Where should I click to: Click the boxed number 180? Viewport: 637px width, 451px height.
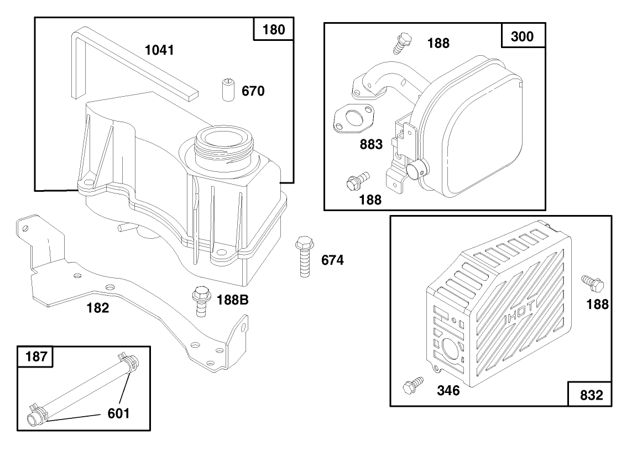(x=273, y=29)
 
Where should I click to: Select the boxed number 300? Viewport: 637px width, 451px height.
(x=523, y=36)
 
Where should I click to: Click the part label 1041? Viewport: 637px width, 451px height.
(x=159, y=50)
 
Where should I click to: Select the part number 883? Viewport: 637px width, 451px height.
(x=370, y=145)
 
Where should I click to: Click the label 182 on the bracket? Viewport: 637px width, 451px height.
(x=97, y=308)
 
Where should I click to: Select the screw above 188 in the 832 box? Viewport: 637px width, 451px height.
(x=593, y=284)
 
